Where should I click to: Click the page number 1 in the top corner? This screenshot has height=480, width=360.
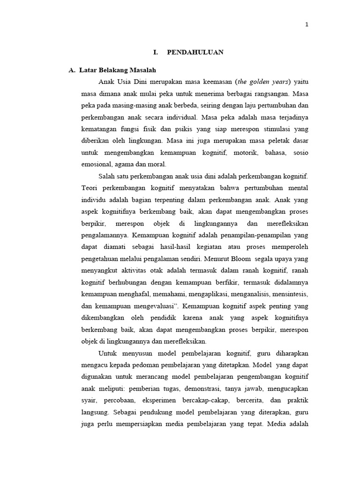click(307, 25)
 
